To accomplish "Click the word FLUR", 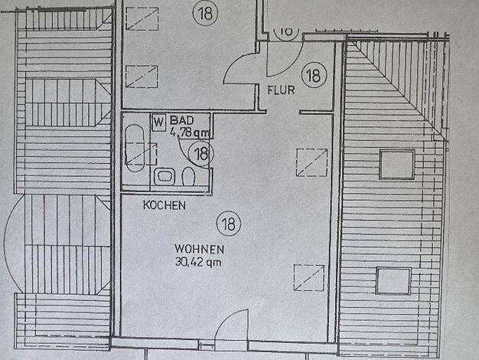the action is (x=281, y=90).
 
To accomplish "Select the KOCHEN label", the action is (x=165, y=205).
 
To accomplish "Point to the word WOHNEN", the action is (x=199, y=249).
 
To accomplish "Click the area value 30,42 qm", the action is (x=198, y=262).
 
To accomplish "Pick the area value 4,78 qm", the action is (x=190, y=133).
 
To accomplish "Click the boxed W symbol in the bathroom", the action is (x=158, y=123).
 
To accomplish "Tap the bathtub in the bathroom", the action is (x=135, y=148).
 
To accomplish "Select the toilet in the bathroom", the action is (x=188, y=176).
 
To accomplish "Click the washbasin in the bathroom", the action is (x=165, y=177).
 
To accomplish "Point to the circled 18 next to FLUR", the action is (x=314, y=75).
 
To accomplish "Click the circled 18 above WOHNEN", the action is (x=229, y=224).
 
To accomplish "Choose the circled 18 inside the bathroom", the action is (x=201, y=153).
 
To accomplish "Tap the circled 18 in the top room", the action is (x=206, y=13).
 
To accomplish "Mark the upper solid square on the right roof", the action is (x=397, y=164).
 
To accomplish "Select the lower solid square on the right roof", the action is (x=393, y=281).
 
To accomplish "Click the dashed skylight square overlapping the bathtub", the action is (x=141, y=154).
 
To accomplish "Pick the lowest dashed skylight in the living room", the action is (x=309, y=278).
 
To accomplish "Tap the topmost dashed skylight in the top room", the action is (x=142, y=18).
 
